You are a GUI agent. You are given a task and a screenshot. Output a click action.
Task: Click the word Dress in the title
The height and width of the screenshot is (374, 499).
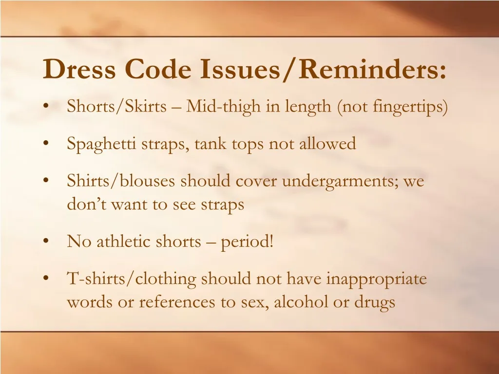(x=79, y=69)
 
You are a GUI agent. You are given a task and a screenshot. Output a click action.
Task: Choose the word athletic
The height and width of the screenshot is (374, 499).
(x=124, y=241)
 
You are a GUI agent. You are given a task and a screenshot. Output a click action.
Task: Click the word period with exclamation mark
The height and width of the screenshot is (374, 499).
(x=247, y=242)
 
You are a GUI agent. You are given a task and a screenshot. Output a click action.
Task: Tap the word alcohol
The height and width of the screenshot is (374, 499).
(x=301, y=302)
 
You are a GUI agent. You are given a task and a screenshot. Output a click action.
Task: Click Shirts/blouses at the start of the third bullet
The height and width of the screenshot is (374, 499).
(x=122, y=182)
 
